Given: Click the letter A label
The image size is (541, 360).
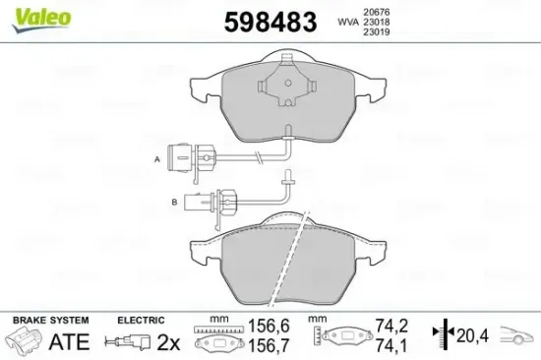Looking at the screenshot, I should coord(156,157).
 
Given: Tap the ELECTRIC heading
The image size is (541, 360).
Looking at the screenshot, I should coord(142,321).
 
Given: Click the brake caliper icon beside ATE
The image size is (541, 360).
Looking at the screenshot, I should coord(25,341).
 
